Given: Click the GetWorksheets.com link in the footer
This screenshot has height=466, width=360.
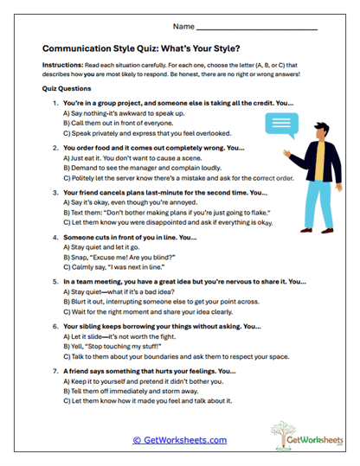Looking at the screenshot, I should (x=180, y=440).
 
